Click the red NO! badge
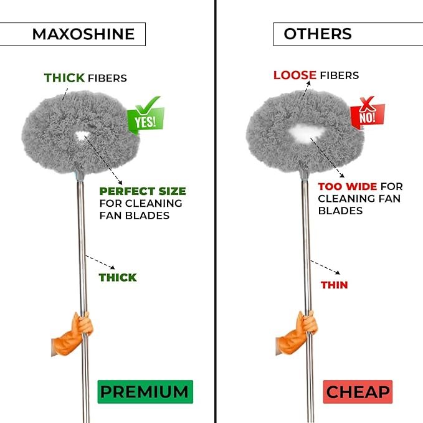(367, 114)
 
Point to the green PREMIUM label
(145, 392)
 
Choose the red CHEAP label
(358, 392)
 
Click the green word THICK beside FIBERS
(64, 78)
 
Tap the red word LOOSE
(295, 75)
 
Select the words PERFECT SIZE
(143, 191)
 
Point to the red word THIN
(334, 285)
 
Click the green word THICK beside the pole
(118, 277)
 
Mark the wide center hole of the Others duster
(305, 132)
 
